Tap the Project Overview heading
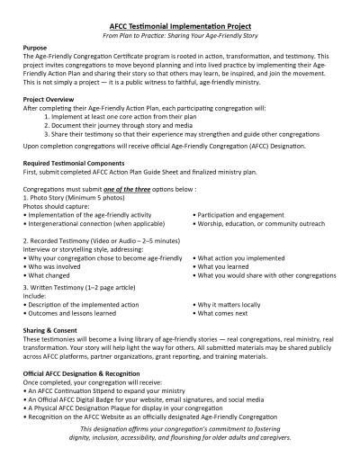57,101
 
